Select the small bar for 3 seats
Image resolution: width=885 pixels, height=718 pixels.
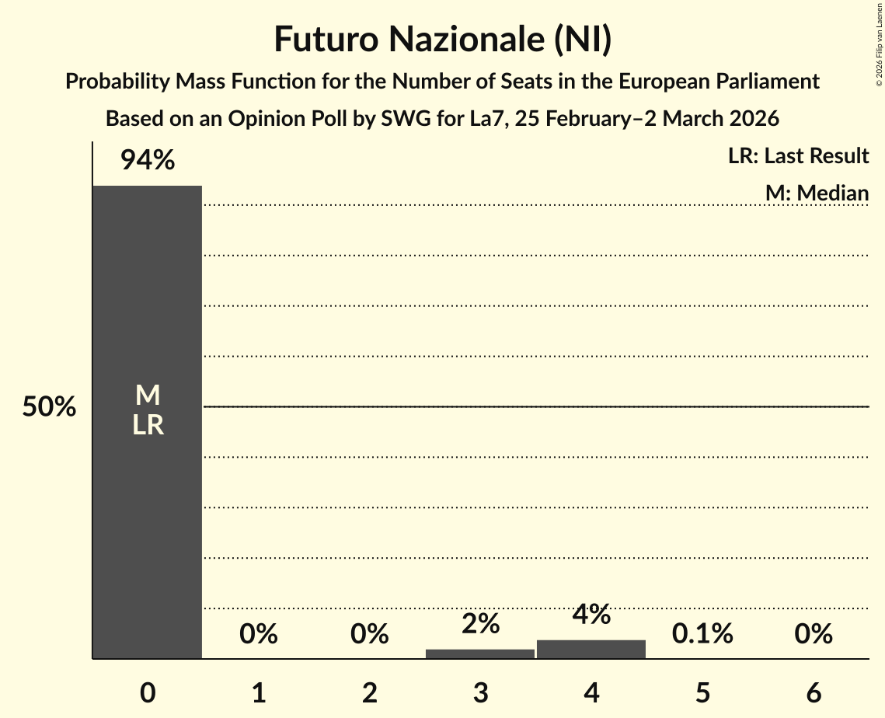click(x=480, y=654)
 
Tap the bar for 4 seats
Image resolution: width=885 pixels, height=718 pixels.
click(x=591, y=650)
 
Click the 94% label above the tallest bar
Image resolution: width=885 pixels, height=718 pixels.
click(x=148, y=161)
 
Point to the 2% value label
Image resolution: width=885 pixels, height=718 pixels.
click(x=480, y=624)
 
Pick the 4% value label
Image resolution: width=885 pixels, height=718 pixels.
click(x=591, y=615)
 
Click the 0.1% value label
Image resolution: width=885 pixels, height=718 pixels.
click(x=702, y=634)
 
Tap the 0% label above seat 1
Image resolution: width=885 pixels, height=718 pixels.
click(x=259, y=634)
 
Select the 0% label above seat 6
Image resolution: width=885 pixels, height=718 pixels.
click(x=814, y=634)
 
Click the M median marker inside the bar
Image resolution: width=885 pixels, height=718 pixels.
click(x=148, y=396)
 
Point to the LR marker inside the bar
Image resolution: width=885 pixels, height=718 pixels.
click(x=148, y=425)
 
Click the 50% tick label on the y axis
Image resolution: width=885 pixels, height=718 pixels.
click(x=49, y=407)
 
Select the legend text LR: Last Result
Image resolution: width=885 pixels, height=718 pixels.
click(x=798, y=156)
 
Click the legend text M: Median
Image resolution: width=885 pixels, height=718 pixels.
click(x=817, y=193)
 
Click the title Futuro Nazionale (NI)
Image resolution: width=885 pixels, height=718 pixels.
click(x=442, y=40)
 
